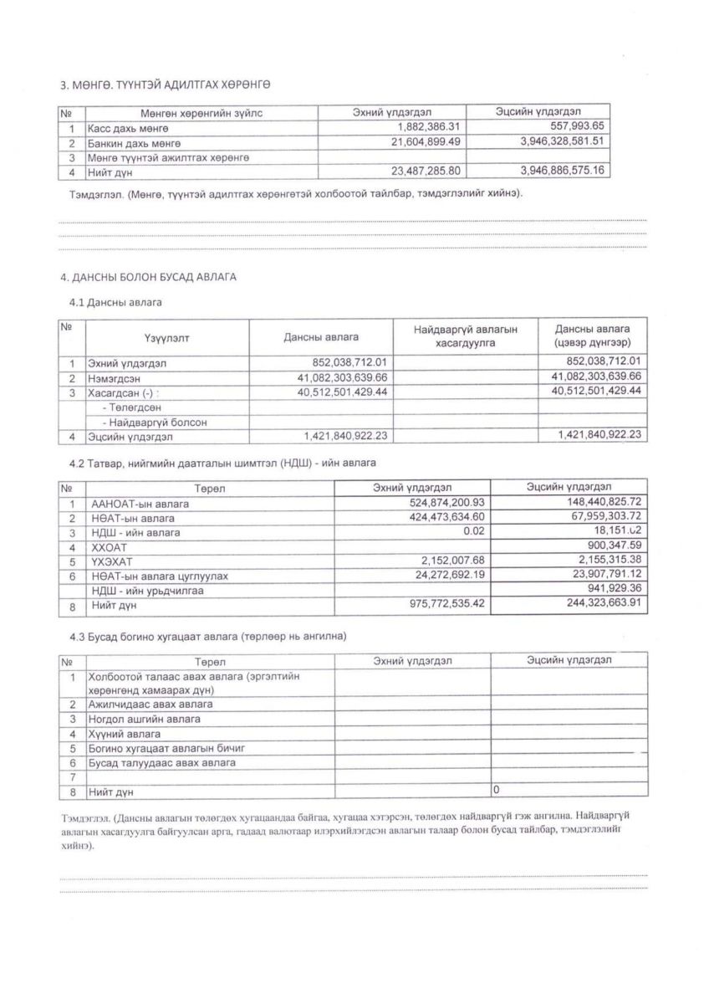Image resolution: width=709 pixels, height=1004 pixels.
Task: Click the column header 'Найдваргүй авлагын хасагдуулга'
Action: (x=466, y=336)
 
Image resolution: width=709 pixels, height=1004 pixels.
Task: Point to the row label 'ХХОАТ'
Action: (x=107, y=546)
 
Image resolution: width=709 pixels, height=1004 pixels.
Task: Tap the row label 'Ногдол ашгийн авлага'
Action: (x=145, y=719)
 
